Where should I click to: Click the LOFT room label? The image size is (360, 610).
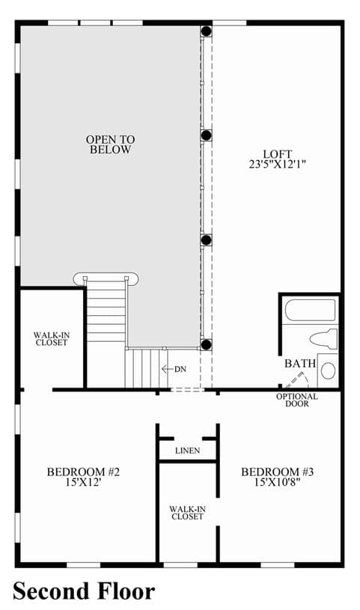(277, 154)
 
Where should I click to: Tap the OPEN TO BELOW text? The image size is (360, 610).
(111, 144)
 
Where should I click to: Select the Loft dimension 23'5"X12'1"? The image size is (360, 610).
(277, 164)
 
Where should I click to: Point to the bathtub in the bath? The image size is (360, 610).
(310, 310)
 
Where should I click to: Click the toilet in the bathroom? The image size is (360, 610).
(324, 339)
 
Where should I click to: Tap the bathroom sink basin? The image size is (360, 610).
(328, 370)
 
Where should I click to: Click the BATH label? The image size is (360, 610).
(299, 364)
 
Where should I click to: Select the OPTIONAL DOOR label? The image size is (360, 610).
(297, 400)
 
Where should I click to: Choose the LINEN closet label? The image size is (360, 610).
(188, 451)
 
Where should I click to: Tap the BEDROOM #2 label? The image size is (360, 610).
(83, 472)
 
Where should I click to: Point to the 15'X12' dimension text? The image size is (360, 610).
(84, 483)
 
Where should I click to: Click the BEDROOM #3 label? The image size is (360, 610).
(278, 472)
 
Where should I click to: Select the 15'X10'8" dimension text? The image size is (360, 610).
(278, 483)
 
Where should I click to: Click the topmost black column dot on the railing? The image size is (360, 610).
(207, 31)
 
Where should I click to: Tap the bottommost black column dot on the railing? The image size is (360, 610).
(207, 344)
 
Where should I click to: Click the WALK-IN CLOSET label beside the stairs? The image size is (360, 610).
(52, 339)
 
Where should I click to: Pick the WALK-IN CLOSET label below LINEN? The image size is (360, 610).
(188, 513)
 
